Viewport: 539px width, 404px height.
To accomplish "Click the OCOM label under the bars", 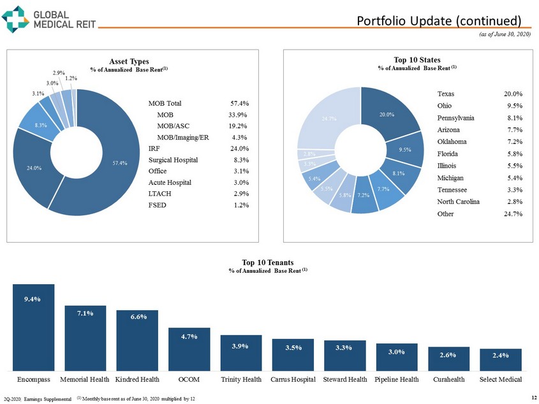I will [189, 380].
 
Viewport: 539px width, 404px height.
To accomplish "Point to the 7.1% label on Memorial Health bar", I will [85, 313].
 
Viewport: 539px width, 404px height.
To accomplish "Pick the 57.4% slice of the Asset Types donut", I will [108, 172].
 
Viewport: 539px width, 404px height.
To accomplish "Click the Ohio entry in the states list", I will [446, 105].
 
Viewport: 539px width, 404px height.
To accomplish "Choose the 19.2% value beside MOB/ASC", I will [239, 126].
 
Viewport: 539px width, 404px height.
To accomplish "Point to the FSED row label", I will [157, 205].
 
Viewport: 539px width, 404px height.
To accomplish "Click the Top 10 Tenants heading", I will [268, 262].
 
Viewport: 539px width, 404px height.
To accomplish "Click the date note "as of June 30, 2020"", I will [505, 34].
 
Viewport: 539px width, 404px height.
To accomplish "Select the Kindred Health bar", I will [137, 340].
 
